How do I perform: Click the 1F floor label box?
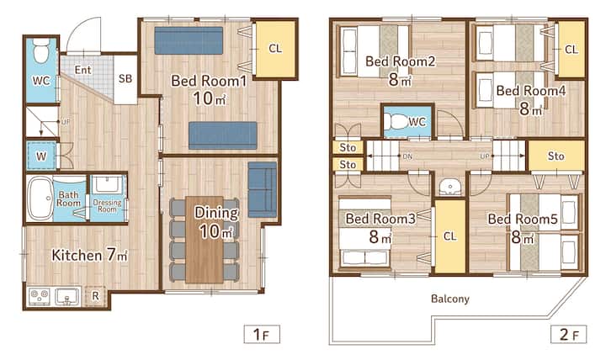click(x=262, y=334)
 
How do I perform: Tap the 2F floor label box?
click(x=568, y=334)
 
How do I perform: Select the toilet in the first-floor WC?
click(x=41, y=50)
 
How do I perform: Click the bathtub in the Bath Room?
click(x=40, y=199)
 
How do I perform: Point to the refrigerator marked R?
click(x=95, y=296)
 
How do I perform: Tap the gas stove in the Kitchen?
click(x=40, y=296)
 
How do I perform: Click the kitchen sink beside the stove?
click(x=66, y=297)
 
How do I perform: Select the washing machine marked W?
click(x=41, y=156)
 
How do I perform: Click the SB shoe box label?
click(x=125, y=79)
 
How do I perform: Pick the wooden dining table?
click(x=205, y=240)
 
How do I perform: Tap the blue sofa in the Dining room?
click(x=263, y=189)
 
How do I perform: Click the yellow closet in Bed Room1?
click(x=275, y=49)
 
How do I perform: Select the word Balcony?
click(x=449, y=299)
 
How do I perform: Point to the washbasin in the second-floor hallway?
click(x=450, y=188)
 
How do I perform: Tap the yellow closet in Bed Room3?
click(x=450, y=236)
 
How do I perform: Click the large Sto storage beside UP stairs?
click(x=556, y=156)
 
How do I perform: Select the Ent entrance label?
click(x=83, y=70)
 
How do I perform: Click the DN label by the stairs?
click(x=407, y=156)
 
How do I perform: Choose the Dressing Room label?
click(x=107, y=205)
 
